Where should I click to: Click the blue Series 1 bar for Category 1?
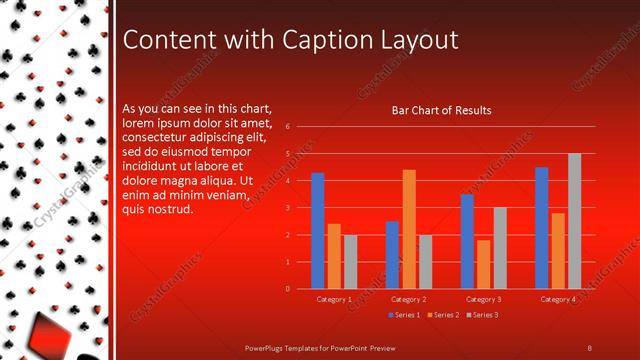coord(318,230)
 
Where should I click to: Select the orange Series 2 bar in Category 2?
coord(409,229)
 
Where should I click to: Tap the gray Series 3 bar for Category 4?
coord(574,221)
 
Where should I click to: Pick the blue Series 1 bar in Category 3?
coord(467,241)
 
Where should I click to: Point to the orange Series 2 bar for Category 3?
coord(483,264)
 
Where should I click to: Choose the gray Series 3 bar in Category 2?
coord(425,261)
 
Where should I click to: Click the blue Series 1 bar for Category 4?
coord(542,227)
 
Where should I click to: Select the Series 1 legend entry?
coord(403,315)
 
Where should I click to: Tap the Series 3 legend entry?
coord(482,315)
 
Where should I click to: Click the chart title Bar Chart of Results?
coord(441,110)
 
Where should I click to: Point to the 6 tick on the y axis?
coord(287,127)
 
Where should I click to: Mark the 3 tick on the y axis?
coord(287,208)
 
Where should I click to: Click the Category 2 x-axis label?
coord(408,299)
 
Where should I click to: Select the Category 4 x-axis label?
coord(557,299)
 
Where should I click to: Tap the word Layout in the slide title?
coord(421,40)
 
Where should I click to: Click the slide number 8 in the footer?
coord(590,347)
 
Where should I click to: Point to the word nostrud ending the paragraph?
coord(170,209)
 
